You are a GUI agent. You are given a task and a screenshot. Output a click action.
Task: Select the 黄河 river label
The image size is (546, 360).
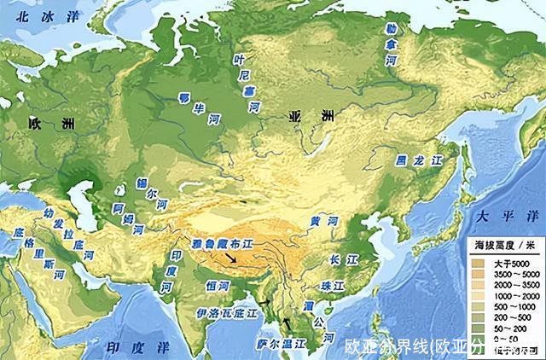coord(324,221)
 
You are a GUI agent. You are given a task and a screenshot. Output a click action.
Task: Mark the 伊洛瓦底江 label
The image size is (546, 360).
coord(226,313)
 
